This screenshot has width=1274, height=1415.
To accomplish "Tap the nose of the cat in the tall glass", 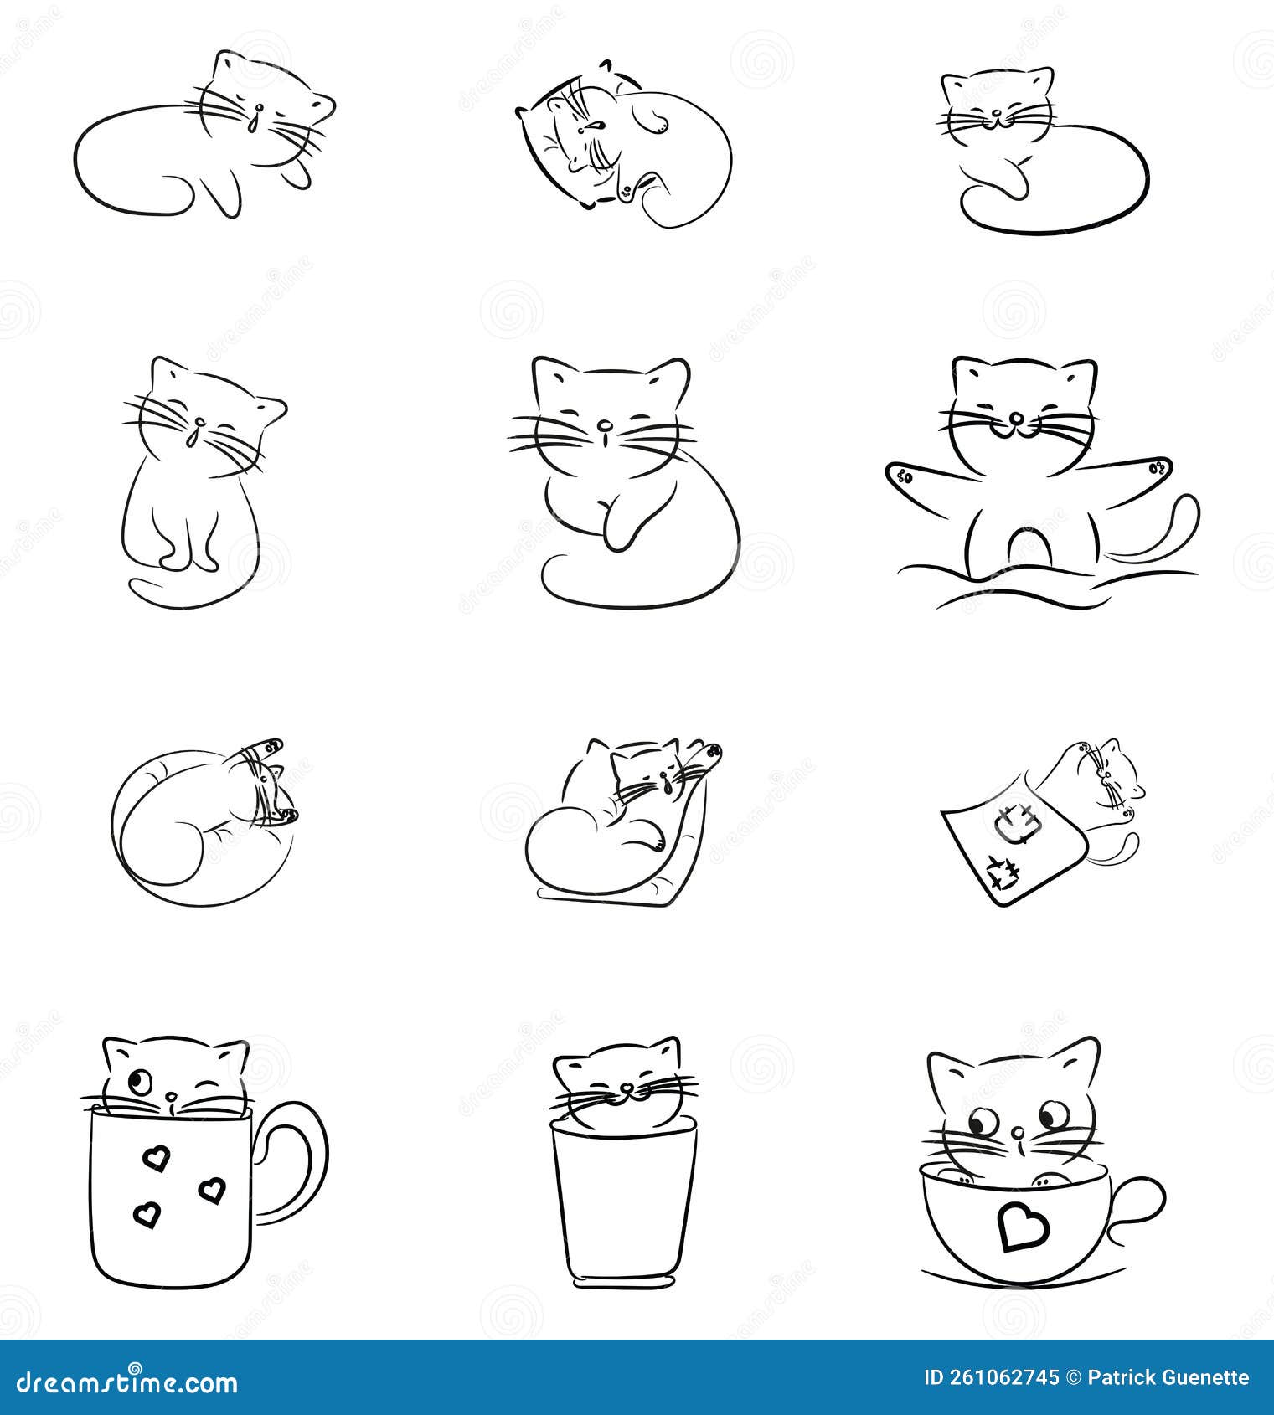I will pyautogui.click(x=625, y=1088).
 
